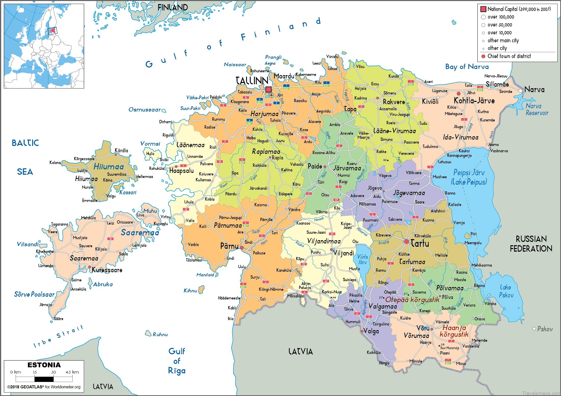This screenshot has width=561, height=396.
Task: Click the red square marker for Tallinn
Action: pos(269,89)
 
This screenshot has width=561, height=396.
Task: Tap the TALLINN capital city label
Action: pos(252,81)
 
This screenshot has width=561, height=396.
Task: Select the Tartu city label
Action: pos(420,244)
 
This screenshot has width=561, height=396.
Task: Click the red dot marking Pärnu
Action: pos(242,248)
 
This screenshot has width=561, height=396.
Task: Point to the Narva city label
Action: pos(534,90)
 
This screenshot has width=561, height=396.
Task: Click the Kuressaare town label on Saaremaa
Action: pos(107,270)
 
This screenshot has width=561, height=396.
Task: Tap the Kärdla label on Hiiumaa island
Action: pos(121,151)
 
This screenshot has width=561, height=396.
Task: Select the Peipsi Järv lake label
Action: pos(469,173)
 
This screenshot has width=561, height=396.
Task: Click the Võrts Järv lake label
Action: pos(362,259)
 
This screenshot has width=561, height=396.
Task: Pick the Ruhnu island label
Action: pos(160,334)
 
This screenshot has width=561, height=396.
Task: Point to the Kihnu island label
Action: pos(190,291)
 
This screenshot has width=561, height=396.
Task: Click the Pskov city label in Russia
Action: pos(545,329)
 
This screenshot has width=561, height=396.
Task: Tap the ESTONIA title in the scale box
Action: pos(44,365)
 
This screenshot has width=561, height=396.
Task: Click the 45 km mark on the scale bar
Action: pos(72,372)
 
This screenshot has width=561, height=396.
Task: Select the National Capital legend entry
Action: pos(519,9)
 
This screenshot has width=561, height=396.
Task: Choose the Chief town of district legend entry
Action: pos(509,56)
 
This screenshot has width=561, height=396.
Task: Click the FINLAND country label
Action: pos(173,8)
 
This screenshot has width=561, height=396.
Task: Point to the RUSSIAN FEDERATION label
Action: pos(531,244)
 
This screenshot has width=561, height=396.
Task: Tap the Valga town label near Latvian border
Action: pos(371,331)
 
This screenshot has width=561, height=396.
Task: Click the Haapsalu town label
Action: pos(181,171)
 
